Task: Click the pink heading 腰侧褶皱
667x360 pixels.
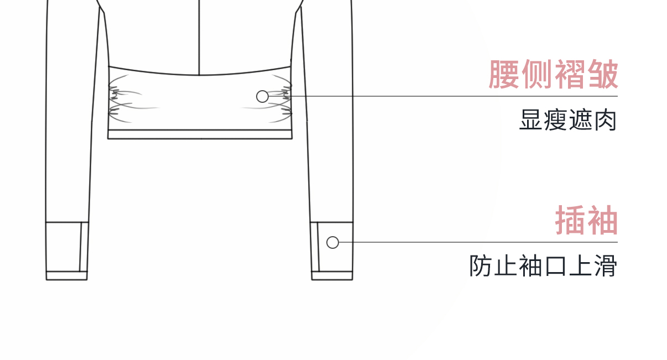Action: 553,75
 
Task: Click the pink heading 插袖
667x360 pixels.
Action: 586,221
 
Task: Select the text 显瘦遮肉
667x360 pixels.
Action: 568,120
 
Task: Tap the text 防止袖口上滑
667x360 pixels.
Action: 543,266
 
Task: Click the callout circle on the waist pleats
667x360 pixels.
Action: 263,97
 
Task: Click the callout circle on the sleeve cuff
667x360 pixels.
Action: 332,242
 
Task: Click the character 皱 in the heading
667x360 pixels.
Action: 602,75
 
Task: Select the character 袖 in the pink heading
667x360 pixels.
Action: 602,221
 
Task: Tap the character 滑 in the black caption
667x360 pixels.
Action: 606,266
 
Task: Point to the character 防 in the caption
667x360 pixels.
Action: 481,266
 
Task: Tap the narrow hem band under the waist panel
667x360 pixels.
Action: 199,134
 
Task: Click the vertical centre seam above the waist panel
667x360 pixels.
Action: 199,33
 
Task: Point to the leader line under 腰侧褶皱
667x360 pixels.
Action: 442,96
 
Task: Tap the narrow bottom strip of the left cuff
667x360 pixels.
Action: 66,275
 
